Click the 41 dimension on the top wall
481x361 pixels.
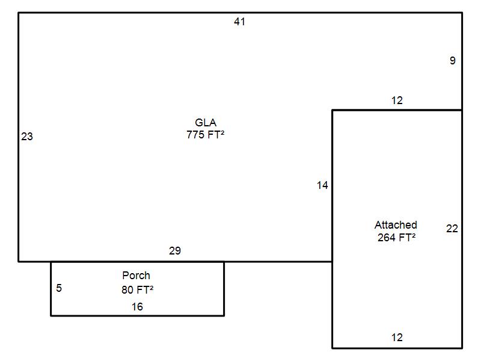tap(240, 22)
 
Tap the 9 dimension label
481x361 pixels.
tap(453, 61)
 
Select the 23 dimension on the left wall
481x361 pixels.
tap(27, 137)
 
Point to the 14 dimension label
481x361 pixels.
tap(323, 185)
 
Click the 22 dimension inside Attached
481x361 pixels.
tap(452, 229)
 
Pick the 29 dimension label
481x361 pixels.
tap(175, 251)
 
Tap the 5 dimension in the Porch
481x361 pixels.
tap(59, 288)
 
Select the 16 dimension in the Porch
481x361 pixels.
tap(137, 307)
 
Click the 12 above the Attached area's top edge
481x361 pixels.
tap(397, 100)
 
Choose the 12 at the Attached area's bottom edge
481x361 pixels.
tap(397, 338)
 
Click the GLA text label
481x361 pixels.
tap(206, 123)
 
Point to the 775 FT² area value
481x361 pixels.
tap(206, 135)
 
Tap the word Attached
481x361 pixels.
tap(396, 225)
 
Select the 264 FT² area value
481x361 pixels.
tap(396, 237)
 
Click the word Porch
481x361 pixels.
tap(136, 276)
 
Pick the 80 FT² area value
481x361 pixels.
tap(137, 289)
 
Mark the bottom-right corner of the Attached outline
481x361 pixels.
tap(462, 348)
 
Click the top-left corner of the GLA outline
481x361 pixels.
tap(19, 13)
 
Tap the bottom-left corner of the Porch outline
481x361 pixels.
tap(51, 315)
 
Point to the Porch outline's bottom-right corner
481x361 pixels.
tap(224, 315)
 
